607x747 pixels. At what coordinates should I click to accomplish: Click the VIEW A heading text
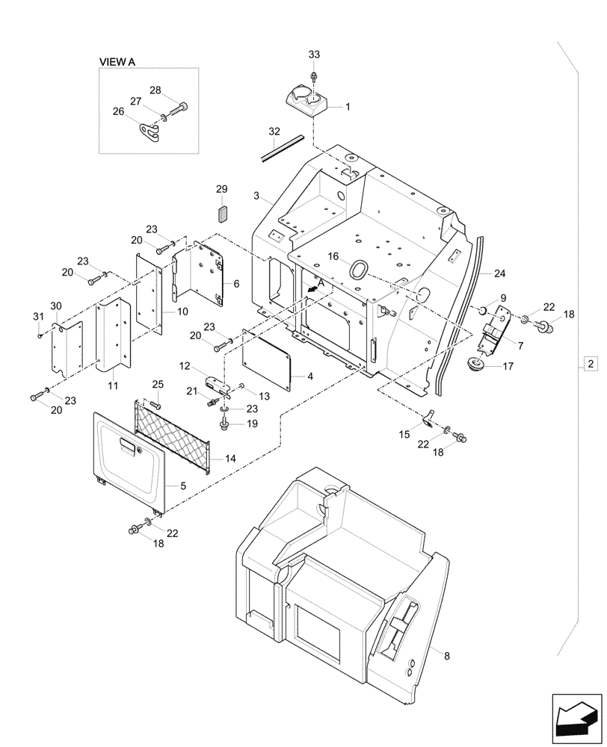(x=117, y=62)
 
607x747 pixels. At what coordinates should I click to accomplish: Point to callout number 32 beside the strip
(x=273, y=131)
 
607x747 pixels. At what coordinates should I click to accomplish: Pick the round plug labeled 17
(x=474, y=365)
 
